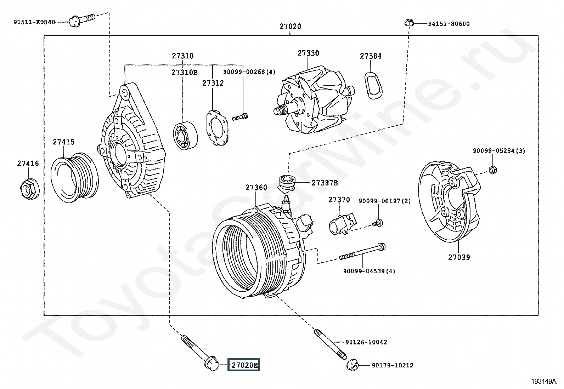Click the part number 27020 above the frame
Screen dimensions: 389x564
[x=290, y=27]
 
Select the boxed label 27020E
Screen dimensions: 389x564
[x=244, y=365]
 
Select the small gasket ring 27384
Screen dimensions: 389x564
[x=373, y=85]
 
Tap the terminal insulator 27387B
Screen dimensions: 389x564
[x=287, y=183]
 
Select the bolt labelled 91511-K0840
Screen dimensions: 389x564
[x=81, y=19]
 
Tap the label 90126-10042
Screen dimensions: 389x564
[x=366, y=342]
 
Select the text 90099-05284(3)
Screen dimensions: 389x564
[x=499, y=151]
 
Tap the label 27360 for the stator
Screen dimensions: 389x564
[x=256, y=188]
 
